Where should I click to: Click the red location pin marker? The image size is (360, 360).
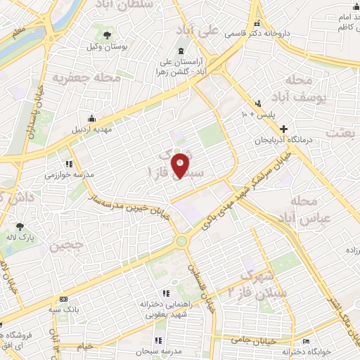(181, 165)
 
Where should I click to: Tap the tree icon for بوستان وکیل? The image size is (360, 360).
(107, 34)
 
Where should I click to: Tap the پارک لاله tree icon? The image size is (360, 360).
(20, 226)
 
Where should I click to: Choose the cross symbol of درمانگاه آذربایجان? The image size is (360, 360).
(284, 129)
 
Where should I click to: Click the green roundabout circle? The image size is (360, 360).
(183, 241)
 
